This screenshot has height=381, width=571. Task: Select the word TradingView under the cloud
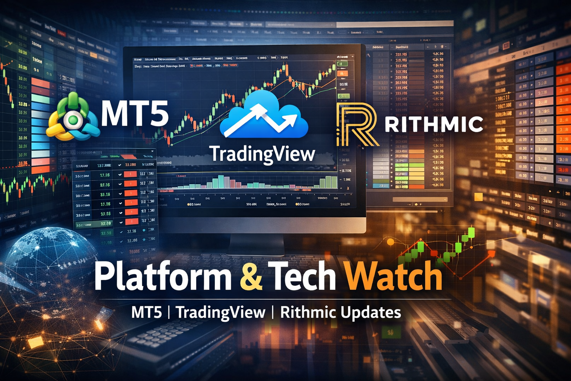point(262,154)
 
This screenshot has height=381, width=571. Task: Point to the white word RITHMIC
point(433,124)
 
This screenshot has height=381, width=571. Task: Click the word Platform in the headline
point(163,277)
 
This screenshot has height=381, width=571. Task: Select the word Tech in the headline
point(304,277)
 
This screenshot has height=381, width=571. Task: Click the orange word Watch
point(393,277)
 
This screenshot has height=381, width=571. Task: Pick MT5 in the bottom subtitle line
point(146,313)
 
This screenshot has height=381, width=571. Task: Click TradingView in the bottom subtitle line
point(221,313)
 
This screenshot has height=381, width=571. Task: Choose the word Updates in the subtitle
point(371,313)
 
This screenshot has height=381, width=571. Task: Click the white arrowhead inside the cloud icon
point(290,120)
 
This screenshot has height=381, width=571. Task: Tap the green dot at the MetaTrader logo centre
point(73,120)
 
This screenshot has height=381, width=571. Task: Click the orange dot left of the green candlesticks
point(390,242)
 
